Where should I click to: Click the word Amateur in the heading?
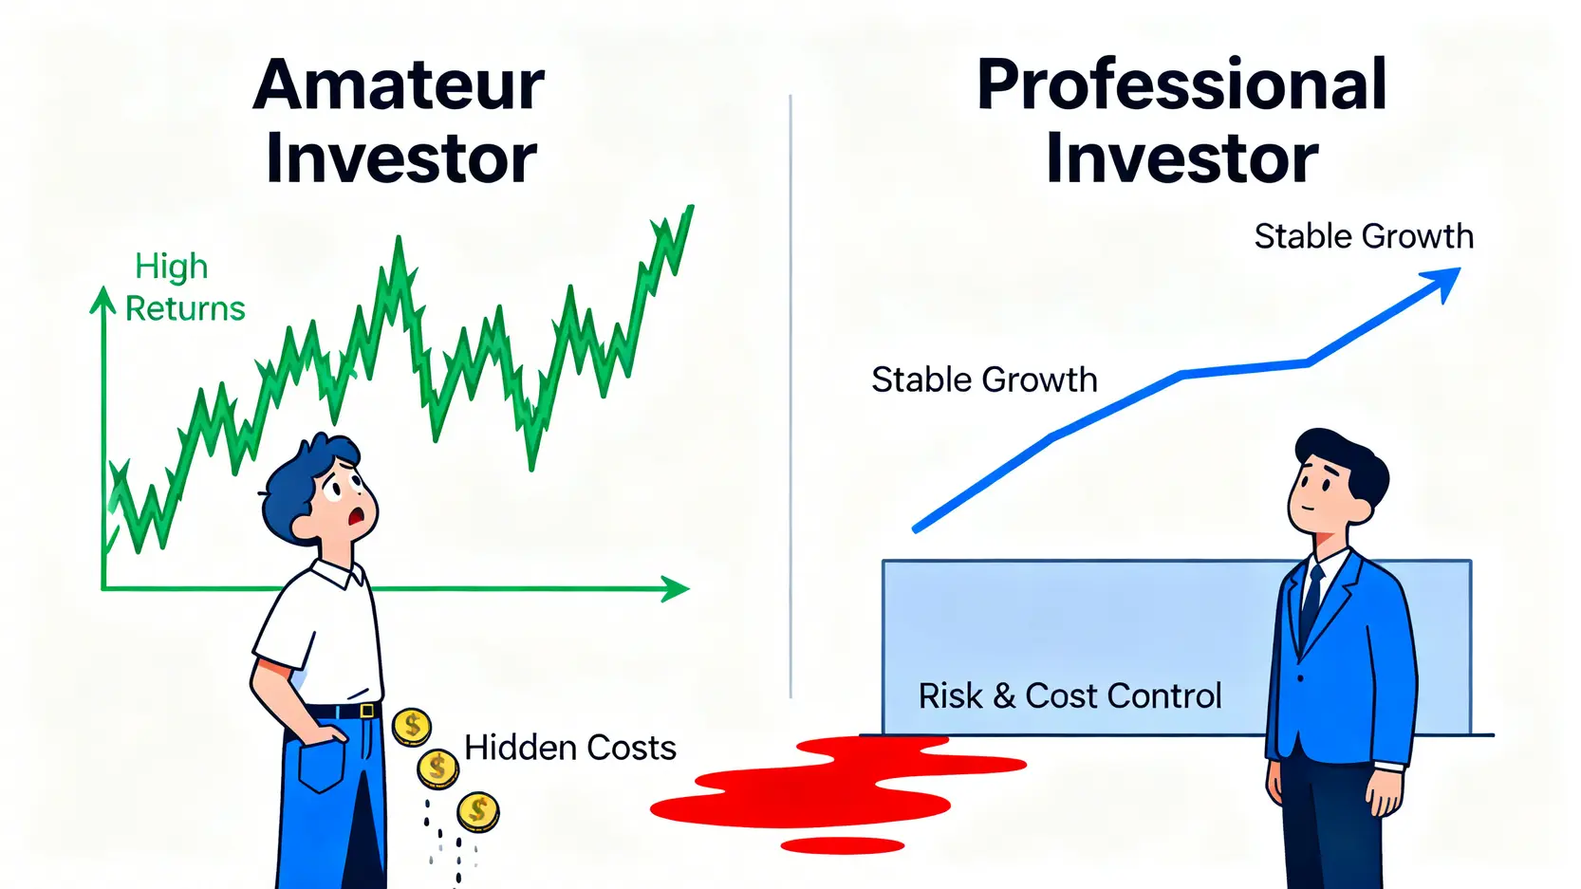pos(399,85)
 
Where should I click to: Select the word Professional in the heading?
pos(1182,85)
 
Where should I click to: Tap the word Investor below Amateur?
pos(400,158)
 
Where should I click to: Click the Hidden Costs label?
pos(570,748)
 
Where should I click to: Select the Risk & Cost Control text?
pos(1070,695)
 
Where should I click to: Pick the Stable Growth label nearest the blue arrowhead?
pos(1364,236)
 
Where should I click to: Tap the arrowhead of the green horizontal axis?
pos(675,588)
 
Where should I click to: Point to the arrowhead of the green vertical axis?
pos(103,299)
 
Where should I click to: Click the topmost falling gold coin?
pos(412,728)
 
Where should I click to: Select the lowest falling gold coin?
pos(478,812)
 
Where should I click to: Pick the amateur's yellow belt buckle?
pos(367,711)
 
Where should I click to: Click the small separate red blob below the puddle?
pos(842,845)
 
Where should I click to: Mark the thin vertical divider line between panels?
pos(790,397)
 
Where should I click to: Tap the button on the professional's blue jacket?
pos(1300,678)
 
